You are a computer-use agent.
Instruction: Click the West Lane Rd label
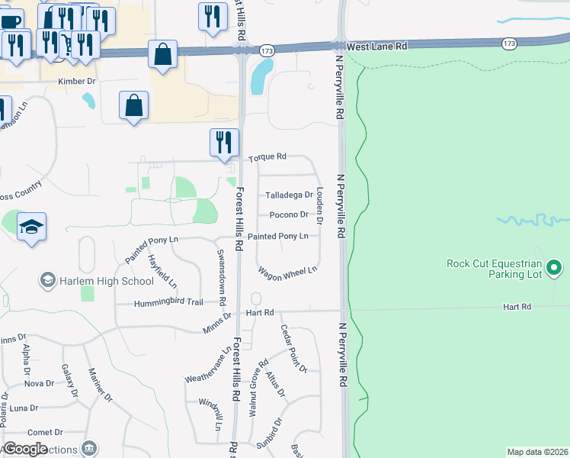coord(376,47)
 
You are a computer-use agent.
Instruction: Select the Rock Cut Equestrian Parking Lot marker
coord(555,268)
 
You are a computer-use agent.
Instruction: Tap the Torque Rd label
coord(267,156)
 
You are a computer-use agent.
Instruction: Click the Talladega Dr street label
coord(289,195)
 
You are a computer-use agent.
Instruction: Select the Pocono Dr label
coord(289,215)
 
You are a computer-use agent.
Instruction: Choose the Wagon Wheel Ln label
coord(287,271)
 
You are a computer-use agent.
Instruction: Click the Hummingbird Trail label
coord(169,302)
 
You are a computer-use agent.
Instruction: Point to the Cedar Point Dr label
coord(293,349)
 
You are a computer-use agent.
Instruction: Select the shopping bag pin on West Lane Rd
coord(162,54)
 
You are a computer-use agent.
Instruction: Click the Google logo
coord(24,449)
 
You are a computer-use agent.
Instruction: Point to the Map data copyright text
coord(538,452)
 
